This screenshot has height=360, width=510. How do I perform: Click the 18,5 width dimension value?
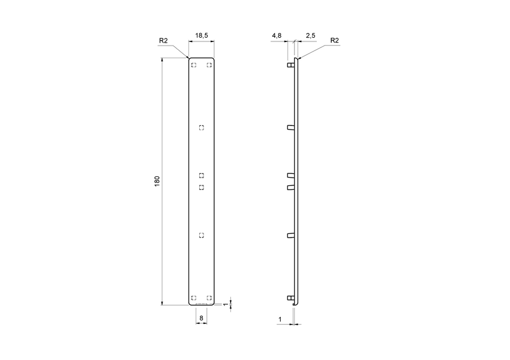tap(202, 36)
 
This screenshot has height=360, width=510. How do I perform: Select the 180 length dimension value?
tap(157, 181)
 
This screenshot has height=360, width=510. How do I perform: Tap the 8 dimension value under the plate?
tap(202, 317)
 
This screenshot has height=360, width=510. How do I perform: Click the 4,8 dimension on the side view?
tap(277, 36)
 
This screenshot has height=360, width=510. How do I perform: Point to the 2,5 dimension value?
tap(310, 36)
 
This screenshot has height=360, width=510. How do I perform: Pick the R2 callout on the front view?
tap(163, 40)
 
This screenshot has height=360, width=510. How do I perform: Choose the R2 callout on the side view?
tap(335, 40)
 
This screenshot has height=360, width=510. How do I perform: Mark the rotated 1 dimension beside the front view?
tap(226, 305)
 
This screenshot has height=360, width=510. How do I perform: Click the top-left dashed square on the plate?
tap(193, 65)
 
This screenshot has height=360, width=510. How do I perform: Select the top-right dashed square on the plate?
tap(209, 65)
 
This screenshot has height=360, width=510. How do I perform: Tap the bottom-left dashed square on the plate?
tap(193, 298)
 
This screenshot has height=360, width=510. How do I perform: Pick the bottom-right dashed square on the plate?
tap(209, 298)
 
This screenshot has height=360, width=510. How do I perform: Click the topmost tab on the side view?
tap(290, 65)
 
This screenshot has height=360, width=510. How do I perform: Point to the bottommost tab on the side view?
tap(290, 298)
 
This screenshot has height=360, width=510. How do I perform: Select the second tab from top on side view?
tap(290, 127)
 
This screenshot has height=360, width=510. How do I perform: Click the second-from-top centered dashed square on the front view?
tap(202, 175)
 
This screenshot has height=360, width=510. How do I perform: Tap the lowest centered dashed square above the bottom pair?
tap(202, 235)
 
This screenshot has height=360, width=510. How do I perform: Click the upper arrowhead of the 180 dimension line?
tap(163, 61)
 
